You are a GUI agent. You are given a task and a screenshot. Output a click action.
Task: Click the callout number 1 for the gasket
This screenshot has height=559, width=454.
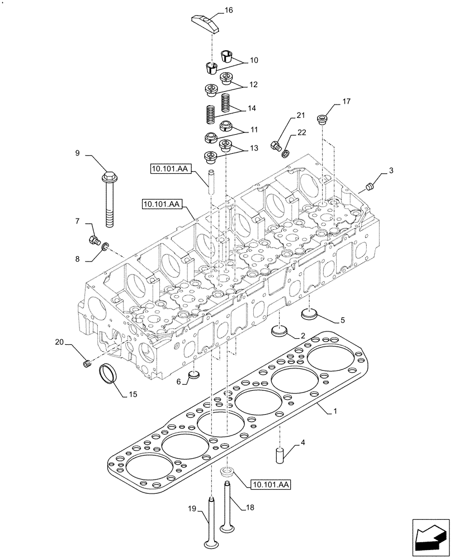335,411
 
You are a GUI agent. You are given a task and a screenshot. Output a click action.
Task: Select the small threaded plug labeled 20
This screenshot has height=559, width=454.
87,364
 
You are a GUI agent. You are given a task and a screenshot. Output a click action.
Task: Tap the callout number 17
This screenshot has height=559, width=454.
346,101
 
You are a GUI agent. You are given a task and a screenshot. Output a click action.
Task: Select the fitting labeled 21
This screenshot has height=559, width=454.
275,146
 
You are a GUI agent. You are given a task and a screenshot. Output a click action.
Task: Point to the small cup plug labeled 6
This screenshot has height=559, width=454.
193,375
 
